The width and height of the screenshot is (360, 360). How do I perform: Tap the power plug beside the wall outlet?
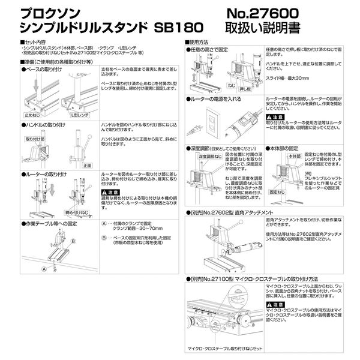click(196, 128)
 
